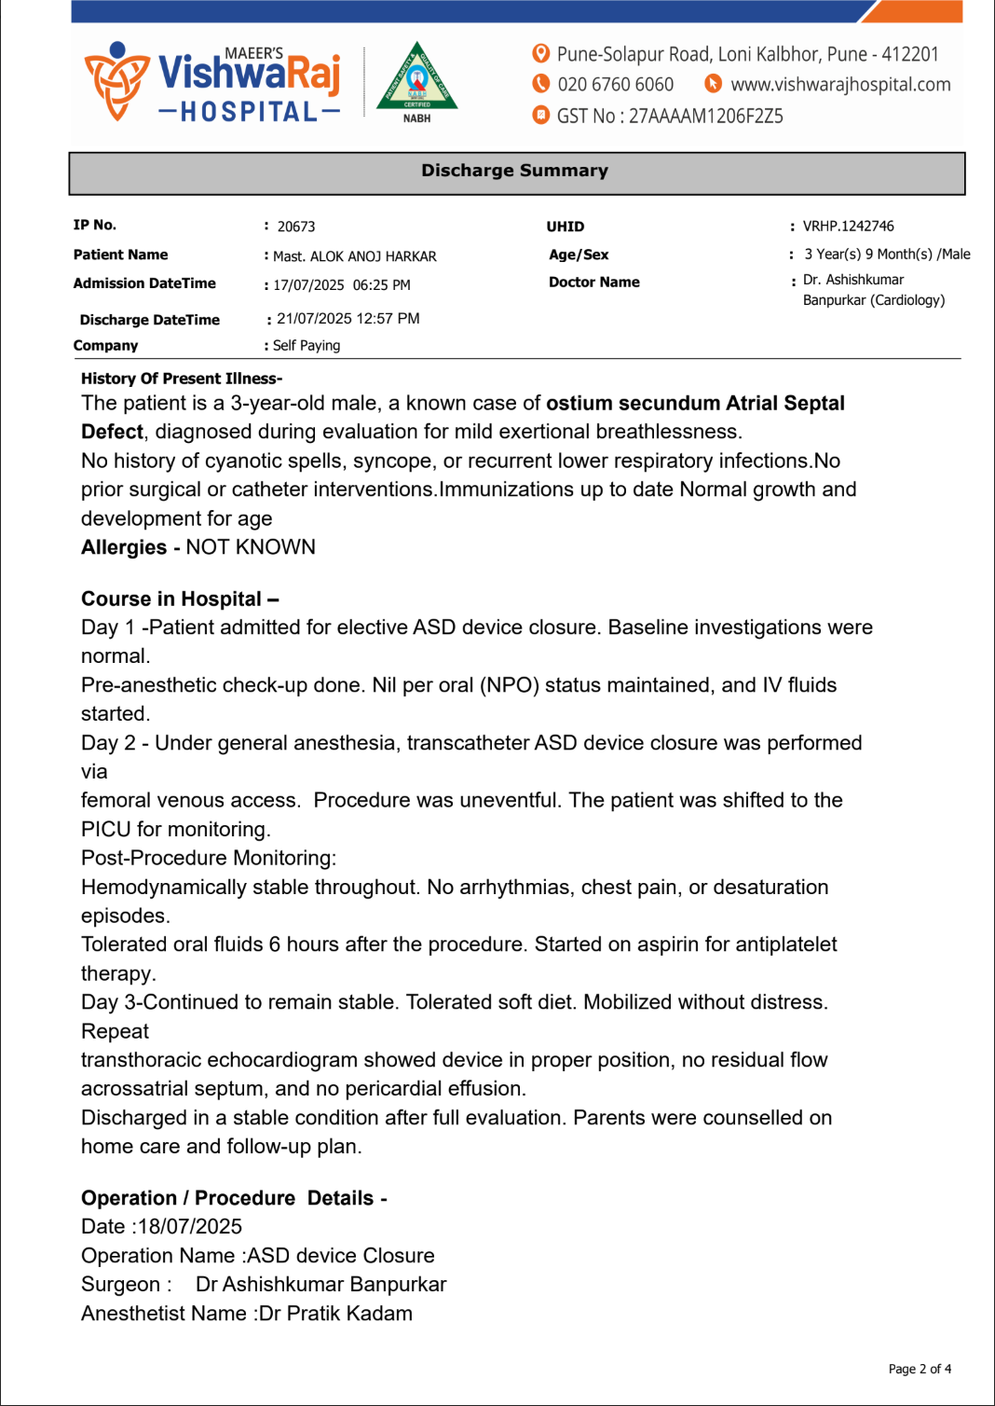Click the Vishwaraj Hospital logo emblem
tap(116, 81)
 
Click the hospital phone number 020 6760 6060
tap(615, 85)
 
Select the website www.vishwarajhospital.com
tap(840, 85)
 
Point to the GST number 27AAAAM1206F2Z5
tap(705, 117)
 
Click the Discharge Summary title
tap(514, 171)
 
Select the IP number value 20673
tap(296, 227)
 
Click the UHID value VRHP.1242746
tap(848, 226)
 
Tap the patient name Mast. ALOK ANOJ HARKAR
tap(354, 256)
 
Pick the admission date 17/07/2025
tap(308, 285)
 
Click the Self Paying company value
tap(307, 346)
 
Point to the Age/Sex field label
tap(579, 255)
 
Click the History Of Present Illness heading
tap(182, 379)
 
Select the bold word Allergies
tap(123, 547)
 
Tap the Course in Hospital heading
tap(180, 599)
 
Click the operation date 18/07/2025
tap(190, 1227)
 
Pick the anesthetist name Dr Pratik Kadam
tap(335, 1314)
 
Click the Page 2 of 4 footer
tap(919, 1369)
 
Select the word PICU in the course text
tap(105, 830)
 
